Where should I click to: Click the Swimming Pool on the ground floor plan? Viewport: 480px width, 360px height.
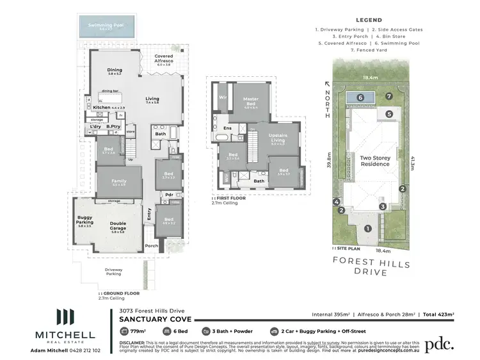point(105,28)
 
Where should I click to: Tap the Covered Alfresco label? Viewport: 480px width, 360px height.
point(163,59)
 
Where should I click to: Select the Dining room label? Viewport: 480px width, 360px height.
point(115,71)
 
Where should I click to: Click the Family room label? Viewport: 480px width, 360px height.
point(119,182)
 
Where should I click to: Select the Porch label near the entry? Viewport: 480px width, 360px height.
point(151,245)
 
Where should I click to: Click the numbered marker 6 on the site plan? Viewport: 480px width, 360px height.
point(360,97)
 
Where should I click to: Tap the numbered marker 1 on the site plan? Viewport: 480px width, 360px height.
point(367,229)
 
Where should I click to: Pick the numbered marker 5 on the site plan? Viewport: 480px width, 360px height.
point(389,114)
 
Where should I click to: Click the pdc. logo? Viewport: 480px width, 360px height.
point(441,343)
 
